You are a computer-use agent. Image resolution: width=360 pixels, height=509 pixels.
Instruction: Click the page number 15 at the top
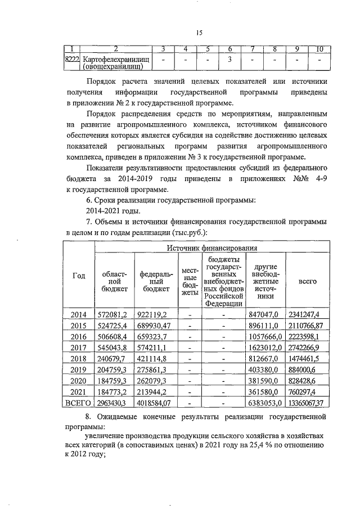[x=199, y=33]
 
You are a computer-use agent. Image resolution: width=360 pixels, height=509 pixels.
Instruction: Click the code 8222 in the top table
[x=72, y=59]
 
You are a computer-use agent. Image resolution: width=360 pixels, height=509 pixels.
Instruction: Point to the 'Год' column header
[x=79, y=276]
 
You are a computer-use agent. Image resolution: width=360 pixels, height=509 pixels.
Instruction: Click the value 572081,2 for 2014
[x=114, y=313]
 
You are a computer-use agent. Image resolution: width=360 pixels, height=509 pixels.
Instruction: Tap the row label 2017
[x=79, y=348]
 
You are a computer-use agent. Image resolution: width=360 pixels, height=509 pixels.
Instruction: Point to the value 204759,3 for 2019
[x=114, y=370]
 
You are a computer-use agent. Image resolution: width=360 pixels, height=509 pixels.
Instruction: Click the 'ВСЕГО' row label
[x=79, y=404]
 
